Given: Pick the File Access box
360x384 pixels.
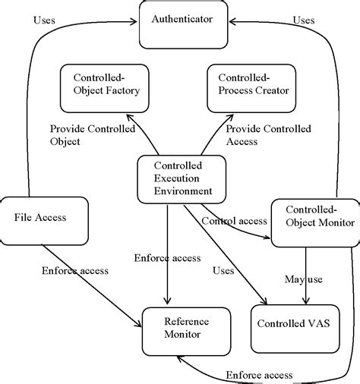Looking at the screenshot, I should coord(40,217).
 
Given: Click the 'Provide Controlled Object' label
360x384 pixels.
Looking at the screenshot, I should coord(92,136).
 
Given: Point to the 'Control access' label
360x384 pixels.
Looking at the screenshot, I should coord(234,221).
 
